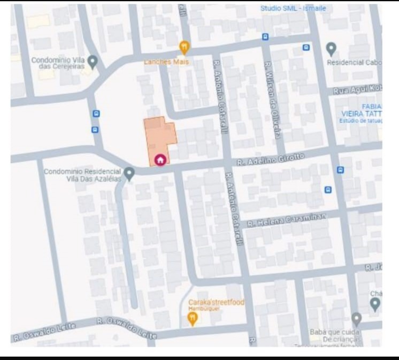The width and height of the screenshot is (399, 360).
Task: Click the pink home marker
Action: coord(160,160)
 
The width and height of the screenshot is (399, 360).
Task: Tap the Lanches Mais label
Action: coord(166,62)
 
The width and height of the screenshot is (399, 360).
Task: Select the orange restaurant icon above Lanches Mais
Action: coord(184,47)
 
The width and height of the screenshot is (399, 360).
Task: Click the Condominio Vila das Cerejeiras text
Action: coord(58,63)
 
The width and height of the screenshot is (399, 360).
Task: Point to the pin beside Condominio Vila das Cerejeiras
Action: coord(92,61)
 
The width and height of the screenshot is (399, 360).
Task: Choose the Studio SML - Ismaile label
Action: coord(293,8)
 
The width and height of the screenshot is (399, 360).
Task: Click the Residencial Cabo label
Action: coord(354,62)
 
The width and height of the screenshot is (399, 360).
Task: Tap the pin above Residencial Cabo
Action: coord(331,48)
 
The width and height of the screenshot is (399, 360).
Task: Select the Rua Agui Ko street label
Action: coord(357,90)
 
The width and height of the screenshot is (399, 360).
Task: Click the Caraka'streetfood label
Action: coord(216,302)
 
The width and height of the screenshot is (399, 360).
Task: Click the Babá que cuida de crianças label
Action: coord(335,336)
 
